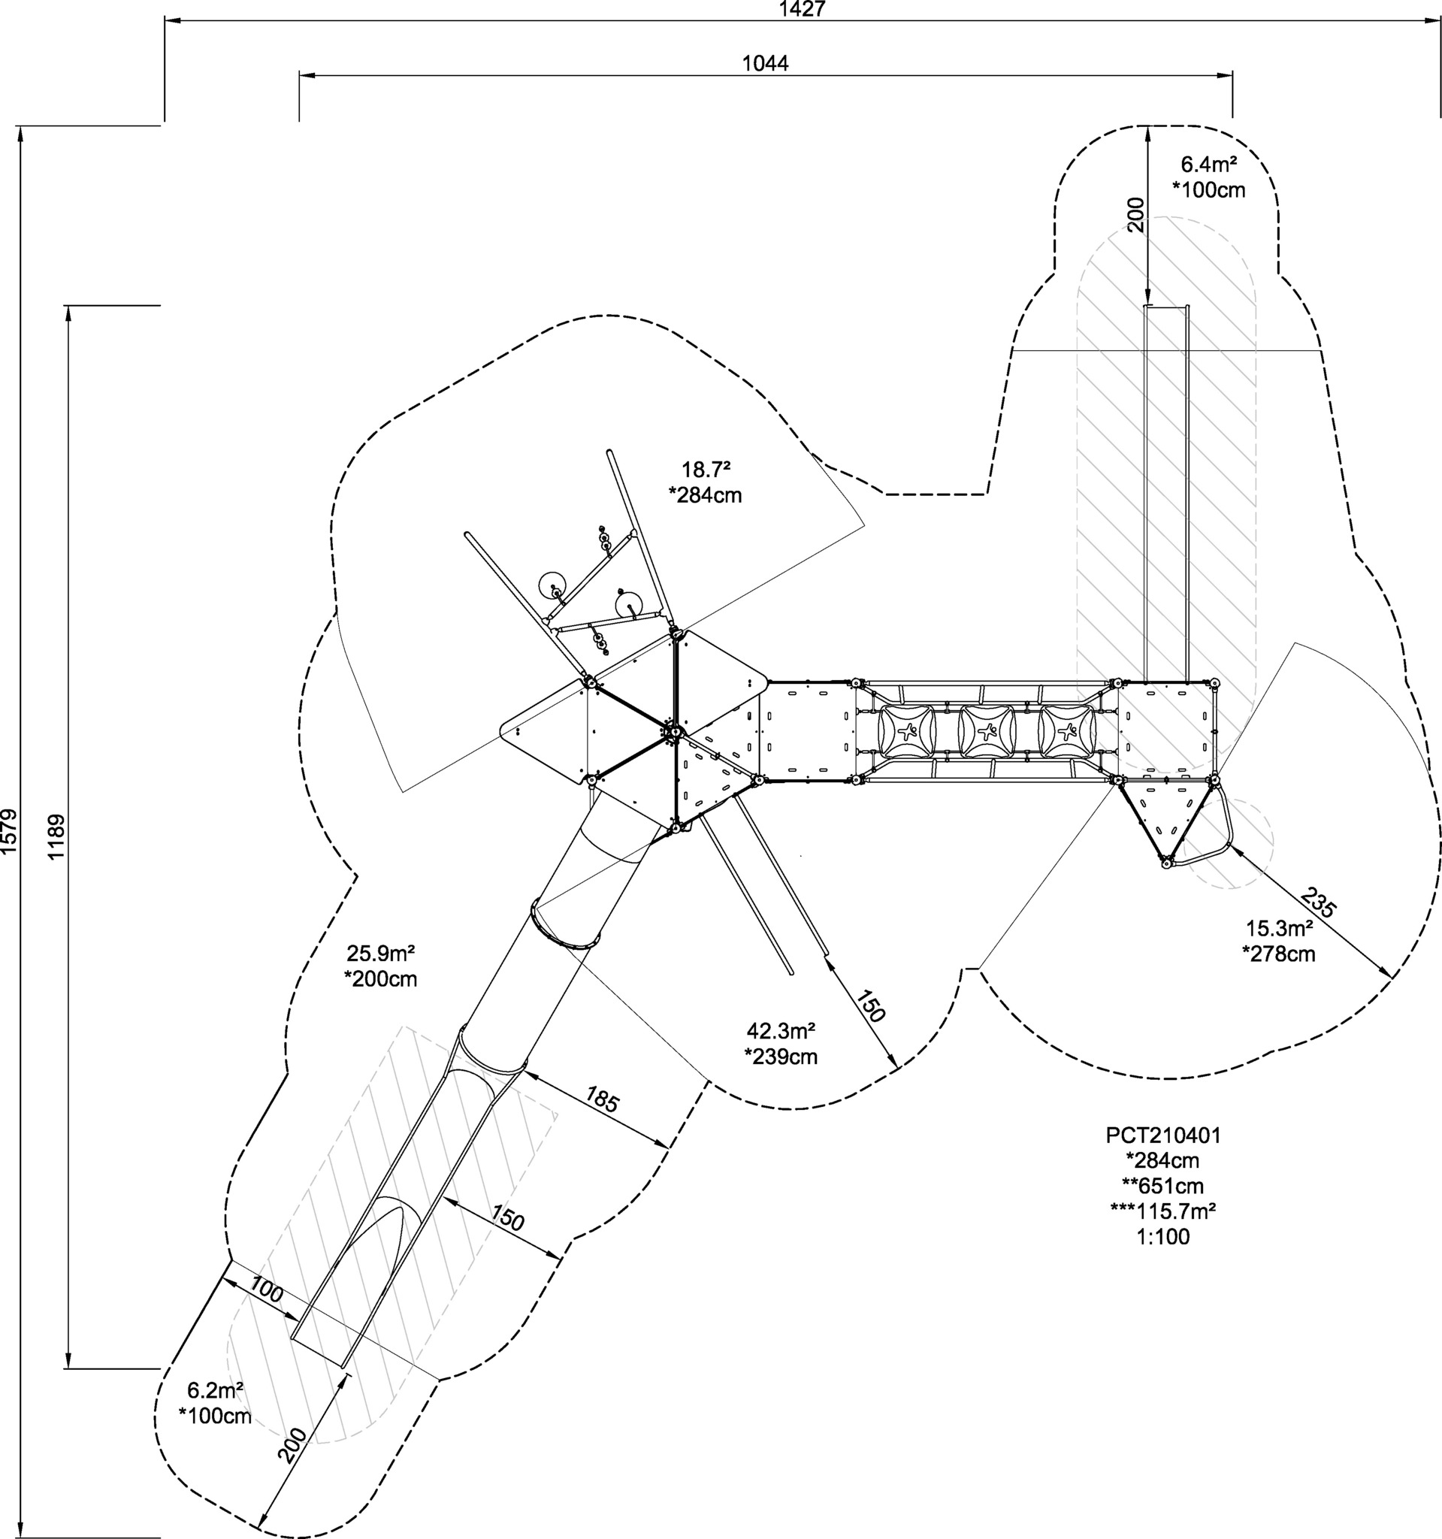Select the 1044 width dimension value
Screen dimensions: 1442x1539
click(x=766, y=63)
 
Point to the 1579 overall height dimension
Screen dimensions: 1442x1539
click(x=8, y=832)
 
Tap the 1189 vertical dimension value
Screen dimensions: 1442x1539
click(x=56, y=837)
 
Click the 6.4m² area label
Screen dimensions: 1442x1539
click(x=1208, y=165)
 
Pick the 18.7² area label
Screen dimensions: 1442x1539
click(x=706, y=470)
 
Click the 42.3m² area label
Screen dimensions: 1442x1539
click(x=781, y=1031)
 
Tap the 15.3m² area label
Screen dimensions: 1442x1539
click(x=1279, y=928)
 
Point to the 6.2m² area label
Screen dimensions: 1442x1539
click(x=215, y=1390)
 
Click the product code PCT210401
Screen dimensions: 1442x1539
click(x=1163, y=1135)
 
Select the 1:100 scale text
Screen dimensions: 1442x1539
click(x=1163, y=1236)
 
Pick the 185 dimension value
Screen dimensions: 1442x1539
click(x=601, y=1101)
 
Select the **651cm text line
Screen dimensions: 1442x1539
click(x=1163, y=1186)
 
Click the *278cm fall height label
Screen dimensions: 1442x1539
click(x=1279, y=954)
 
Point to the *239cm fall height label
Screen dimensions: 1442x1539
click(x=781, y=1057)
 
